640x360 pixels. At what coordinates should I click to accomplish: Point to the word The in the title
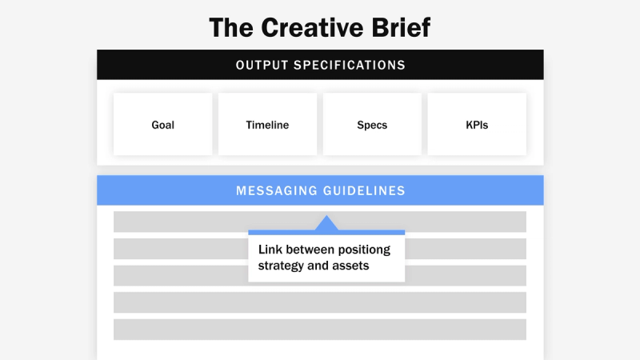coord(232,27)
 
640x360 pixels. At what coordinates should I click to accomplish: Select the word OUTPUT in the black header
coord(262,65)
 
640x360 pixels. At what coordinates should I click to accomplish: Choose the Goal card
coord(162,125)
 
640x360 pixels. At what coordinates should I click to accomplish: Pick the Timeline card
coord(267,125)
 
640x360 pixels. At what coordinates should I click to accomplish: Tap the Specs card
coord(372,125)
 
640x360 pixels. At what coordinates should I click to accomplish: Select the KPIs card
coord(477,125)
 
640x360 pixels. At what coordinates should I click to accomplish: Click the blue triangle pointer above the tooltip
coord(326,223)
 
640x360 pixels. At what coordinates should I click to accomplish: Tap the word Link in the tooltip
coord(270,249)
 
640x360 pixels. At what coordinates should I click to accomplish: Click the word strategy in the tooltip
coord(282,266)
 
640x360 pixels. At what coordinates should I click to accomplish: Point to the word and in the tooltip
coord(319,266)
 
